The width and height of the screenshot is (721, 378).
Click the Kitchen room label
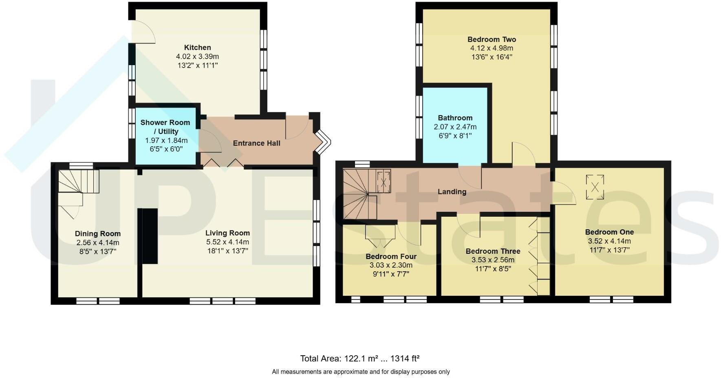click(x=197, y=48)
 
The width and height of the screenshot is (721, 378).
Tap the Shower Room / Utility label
click(x=165, y=127)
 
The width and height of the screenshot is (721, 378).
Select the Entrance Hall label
click(x=256, y=143)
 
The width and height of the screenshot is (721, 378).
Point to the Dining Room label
click(x=98, y=234)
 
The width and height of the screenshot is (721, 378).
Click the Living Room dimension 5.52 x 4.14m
click(x=227, y=242)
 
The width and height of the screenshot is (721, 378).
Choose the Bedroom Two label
click(x=492, y=40)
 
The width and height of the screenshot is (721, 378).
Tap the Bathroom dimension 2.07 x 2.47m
click(x=455, y=127)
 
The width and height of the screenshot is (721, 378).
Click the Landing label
click(x=452, y=192)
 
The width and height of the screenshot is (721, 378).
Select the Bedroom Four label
click(x=391, y=257)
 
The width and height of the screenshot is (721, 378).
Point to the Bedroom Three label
click(x=493, y=251)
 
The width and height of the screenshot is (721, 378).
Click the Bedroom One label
click(x=609, y=232)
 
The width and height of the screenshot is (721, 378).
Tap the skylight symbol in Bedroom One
click(x=595, y=187)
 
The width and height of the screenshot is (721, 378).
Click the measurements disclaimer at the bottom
click(x=361, y=372)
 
